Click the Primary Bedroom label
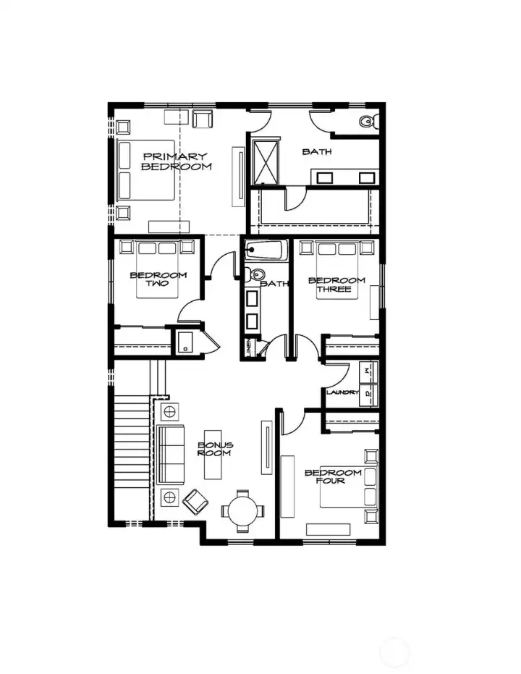[x=174, y=161]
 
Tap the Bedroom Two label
[x=158, y=279]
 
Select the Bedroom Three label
[x=336, y=285]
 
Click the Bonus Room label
[x=215, y=449]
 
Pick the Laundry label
[x=342, y=392]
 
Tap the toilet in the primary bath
[x=367, y=121]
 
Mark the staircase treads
[x=131, y=449]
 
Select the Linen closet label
[x=248, y=347]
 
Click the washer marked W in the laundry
[x=368, y=371]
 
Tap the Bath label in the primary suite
[x=316, y=152]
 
